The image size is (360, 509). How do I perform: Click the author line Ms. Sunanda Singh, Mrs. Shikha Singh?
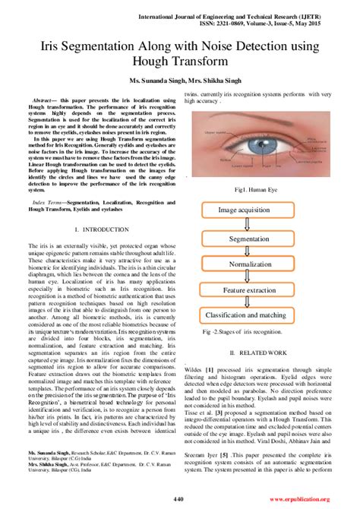click(x=179, y=81)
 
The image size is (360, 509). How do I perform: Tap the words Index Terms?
click(x=49, y=203)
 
